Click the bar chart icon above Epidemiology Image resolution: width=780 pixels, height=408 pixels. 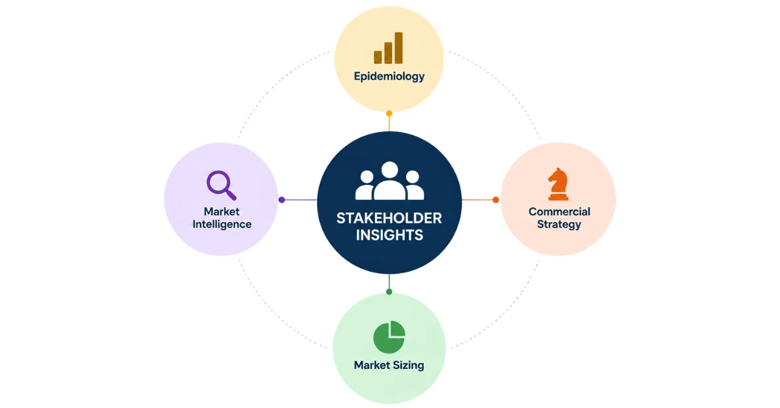tap(388, 48)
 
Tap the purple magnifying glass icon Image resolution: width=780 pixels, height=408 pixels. tap(221, 185)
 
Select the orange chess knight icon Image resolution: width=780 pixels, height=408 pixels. tap(558, 184)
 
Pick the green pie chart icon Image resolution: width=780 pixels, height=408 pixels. tap(389, 337)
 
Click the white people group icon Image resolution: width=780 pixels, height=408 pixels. tap(389, 181)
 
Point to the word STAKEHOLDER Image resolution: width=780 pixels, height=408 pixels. tap(389, 218)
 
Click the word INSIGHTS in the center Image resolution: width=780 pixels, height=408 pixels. tap(389, 235)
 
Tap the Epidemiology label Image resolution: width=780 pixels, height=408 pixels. tap(389, 77)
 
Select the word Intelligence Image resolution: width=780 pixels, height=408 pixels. tap(222, 224)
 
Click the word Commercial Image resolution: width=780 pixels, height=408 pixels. tap(559, 211)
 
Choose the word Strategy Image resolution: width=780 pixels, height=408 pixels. tap(559, 224)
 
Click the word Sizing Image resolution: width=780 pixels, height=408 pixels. tap(408, 366)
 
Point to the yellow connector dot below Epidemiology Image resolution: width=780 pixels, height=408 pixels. tap(389, 113)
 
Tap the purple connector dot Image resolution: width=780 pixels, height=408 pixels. tap(281, 200)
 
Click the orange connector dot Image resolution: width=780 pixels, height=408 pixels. tap(495, 200)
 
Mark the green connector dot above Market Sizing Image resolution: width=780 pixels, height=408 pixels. tap(389, 292)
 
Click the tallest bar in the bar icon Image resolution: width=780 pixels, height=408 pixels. tap(398, 48)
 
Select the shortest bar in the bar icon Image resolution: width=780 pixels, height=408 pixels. tap(378, 57)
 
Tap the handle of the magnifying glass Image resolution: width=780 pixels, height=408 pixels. tap(231, 195)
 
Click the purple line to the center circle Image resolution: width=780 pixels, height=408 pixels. tap(301, 200)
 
